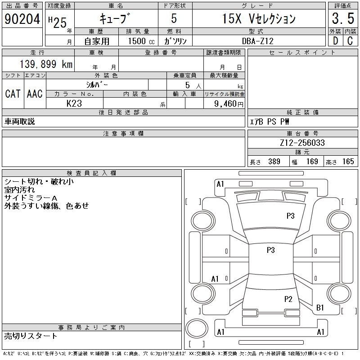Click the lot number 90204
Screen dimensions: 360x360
point(22,19)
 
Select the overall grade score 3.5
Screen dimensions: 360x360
point(343,18)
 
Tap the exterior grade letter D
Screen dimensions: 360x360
point(335,40)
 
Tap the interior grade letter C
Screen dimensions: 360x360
point(350,40)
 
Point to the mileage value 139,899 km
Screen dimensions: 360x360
point(46,64)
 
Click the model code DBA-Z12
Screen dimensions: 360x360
point(258,41)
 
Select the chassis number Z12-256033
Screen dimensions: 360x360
point(302,143)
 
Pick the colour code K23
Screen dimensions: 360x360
point(74,103)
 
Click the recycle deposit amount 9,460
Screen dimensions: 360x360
point(225,104)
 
